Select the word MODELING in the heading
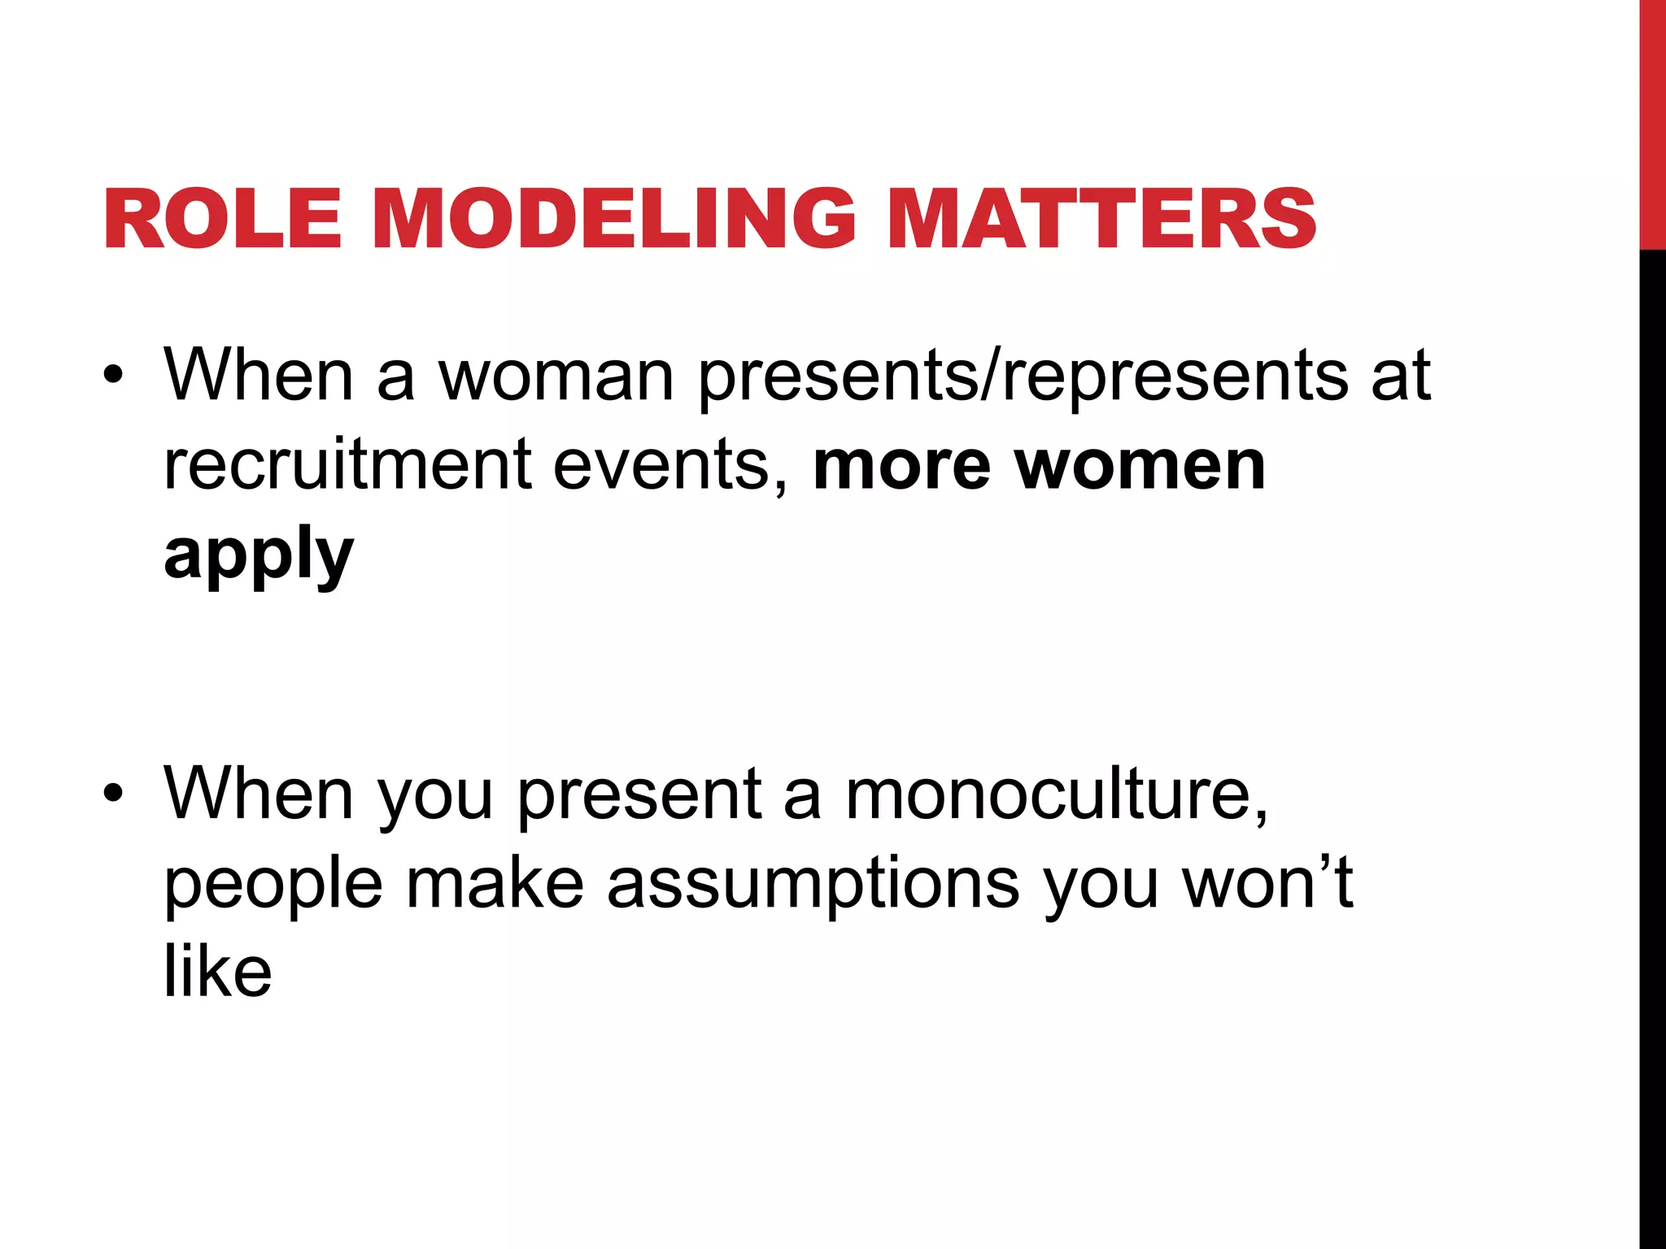[x=614, y=219]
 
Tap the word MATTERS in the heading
[x=1101, y=219]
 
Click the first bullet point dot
[x=113, y=376]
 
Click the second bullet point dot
[x=113, y=793]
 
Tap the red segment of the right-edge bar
[x=1652, y=122]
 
